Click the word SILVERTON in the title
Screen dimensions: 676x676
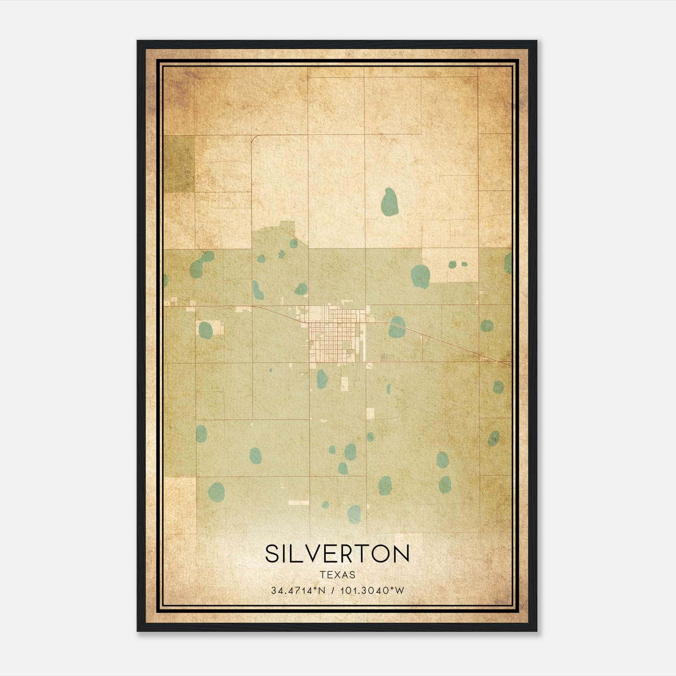pos(337,553)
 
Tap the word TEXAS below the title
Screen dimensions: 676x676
pos(337,575)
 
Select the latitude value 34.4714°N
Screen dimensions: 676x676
pos(298,591)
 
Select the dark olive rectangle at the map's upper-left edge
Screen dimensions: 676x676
pos(179,164)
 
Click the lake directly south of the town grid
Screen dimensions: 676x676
pos(322,379)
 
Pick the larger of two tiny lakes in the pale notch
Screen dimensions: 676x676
pos(452,265)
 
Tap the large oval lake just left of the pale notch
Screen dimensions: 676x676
pos(420,275)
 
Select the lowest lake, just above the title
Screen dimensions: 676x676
pos(354,514)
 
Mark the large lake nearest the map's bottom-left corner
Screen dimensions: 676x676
pos(217,491)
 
